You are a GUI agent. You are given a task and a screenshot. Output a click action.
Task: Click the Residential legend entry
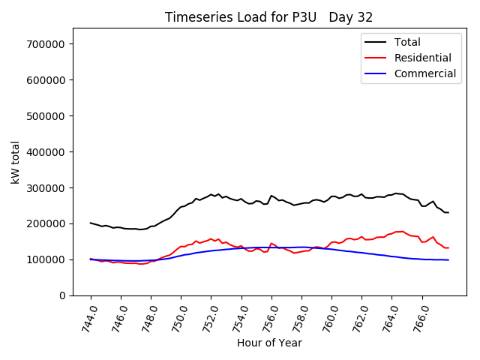[422, 58]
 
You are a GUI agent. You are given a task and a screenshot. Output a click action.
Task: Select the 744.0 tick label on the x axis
[88, 317]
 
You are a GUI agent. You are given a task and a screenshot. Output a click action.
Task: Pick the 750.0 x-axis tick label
[178, 317]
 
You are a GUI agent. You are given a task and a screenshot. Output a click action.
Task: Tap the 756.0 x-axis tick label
[269, 317]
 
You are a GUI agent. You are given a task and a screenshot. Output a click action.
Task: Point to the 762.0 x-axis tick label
[359, 317]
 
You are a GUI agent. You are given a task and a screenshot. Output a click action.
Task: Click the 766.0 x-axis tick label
[420, 317]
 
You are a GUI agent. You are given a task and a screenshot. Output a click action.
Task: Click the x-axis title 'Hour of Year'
[269, 343]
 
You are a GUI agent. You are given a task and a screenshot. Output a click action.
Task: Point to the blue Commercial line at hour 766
[422, 259]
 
